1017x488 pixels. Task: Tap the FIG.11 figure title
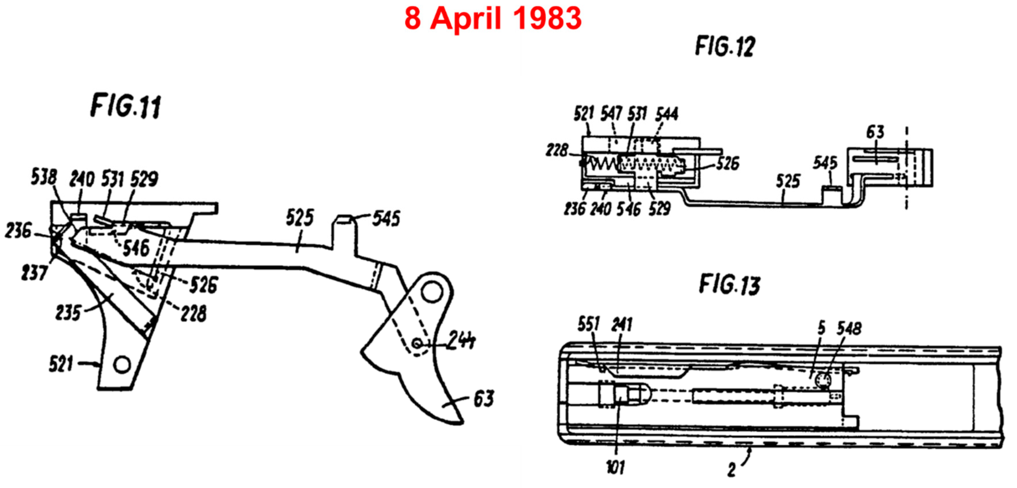(x=126, y=106)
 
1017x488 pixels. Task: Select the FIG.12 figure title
(x=725, y=46)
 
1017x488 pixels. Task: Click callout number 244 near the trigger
(x=461, y=340)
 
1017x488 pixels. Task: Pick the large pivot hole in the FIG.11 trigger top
(x=432, y=293)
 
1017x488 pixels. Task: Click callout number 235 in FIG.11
(x=68, y=313)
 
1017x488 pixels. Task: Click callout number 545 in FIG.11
(x=386, y=218)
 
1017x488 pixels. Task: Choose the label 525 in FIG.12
(x=788, y=182)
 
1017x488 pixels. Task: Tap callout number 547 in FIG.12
(x=611, y=114)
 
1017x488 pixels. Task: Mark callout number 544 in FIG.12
(x=666, y=114)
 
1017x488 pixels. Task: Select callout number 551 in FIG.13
(x=588, y=324)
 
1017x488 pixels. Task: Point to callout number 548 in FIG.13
(x=849, y=328)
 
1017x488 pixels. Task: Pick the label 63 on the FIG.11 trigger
(x=483, y=399)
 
